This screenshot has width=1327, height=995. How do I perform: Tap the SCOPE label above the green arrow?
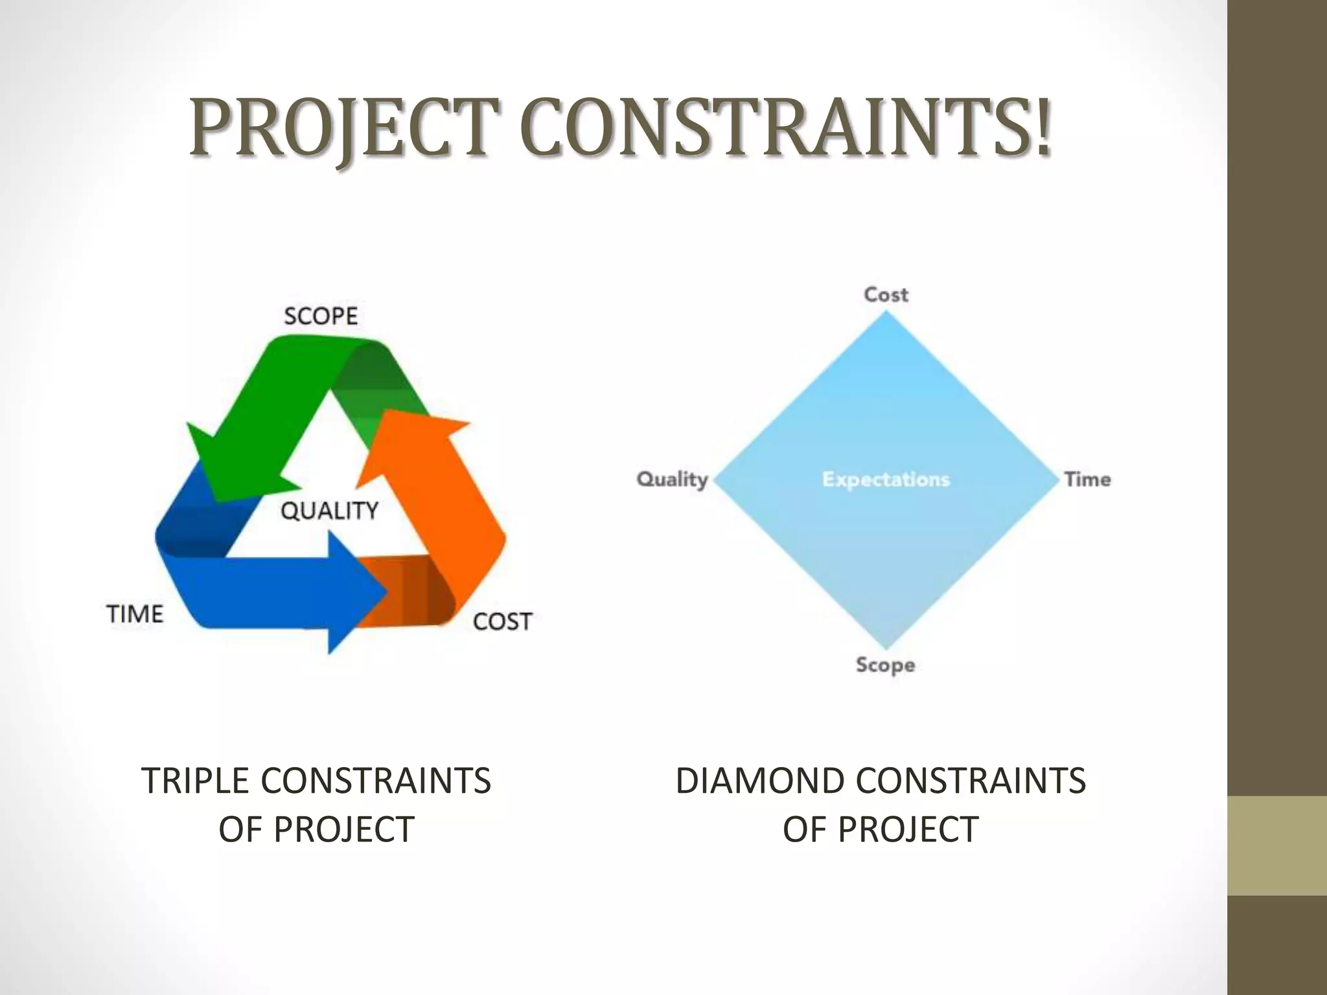click(x=321, y=316)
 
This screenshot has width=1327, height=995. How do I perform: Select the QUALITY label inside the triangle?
click(x=329, y=510)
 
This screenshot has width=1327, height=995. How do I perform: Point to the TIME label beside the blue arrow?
click(x=135, y=613)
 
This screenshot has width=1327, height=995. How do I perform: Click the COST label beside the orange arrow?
click(x=502, y=622)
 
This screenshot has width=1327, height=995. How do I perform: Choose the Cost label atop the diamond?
click(x=886, y=295)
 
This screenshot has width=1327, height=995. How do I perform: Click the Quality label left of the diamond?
click(x=672, y=479)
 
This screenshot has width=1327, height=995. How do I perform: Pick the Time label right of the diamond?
click(x=1087, y=479)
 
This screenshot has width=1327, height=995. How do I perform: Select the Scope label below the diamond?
click(x=885, y=665)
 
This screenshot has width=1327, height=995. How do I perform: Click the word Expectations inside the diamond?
click(x=886, y=479)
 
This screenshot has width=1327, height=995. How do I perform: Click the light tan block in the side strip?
click(x=1277, y=845)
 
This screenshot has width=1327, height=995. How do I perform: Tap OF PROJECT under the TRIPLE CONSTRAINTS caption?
click(x=316, y=830)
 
